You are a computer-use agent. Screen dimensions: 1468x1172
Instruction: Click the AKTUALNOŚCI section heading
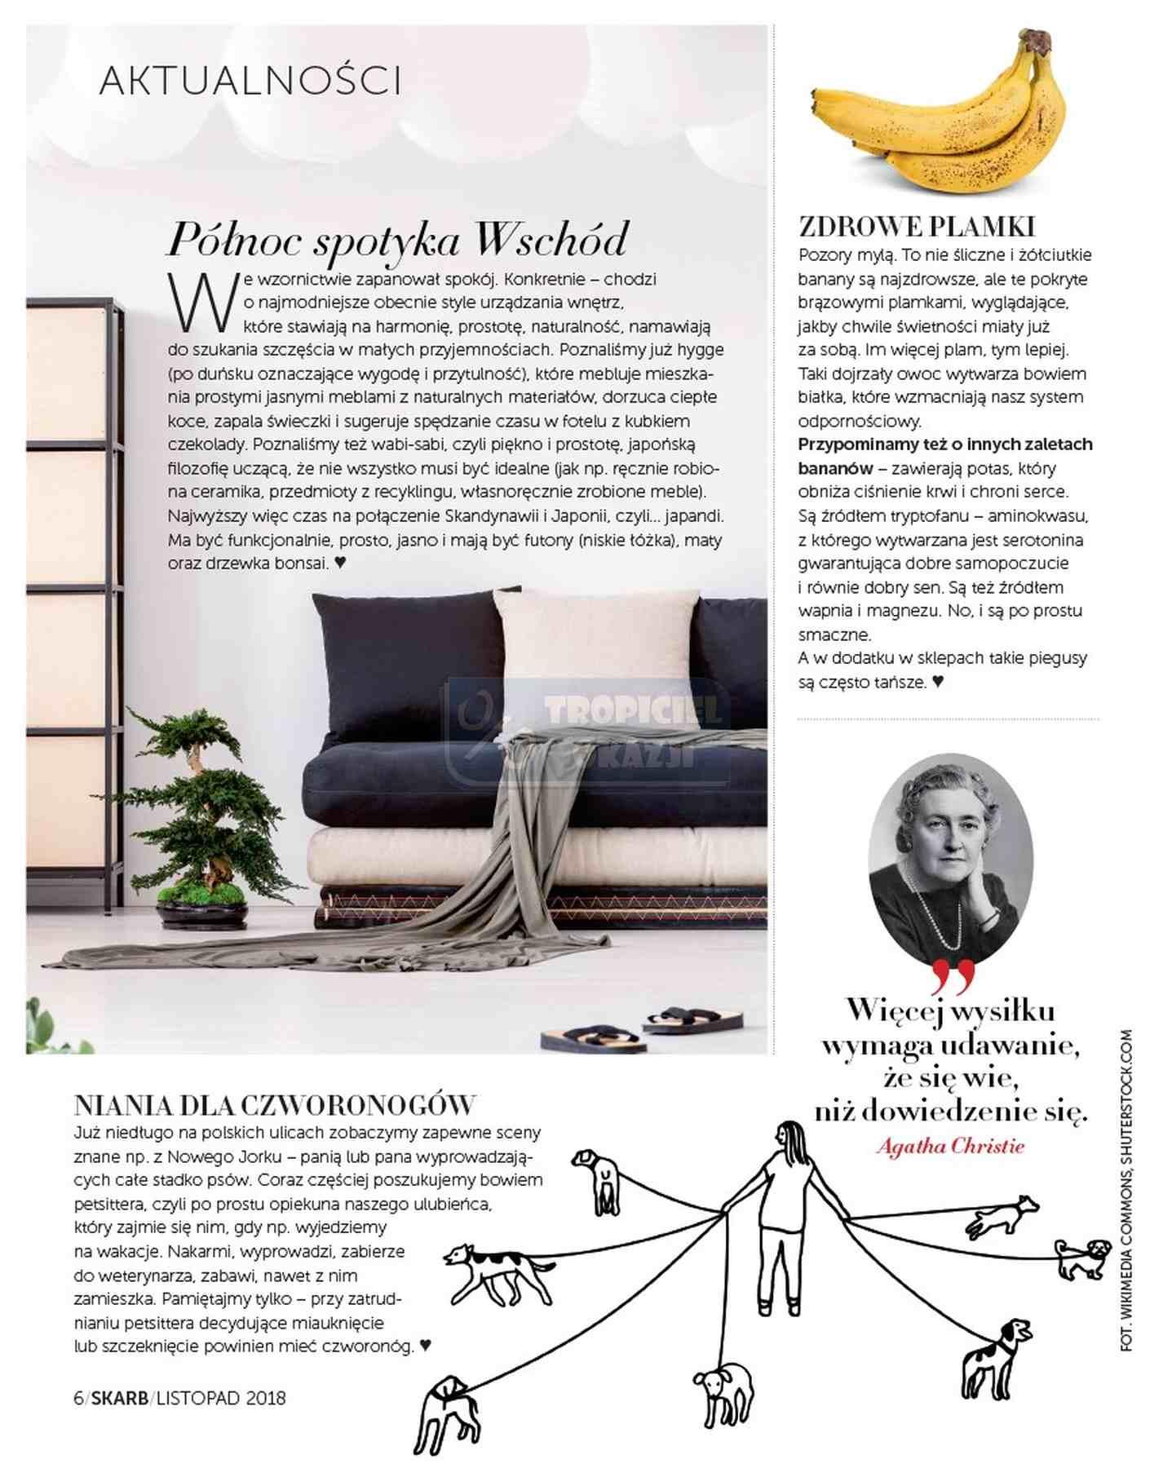pyautogui.click(x=250, y=81)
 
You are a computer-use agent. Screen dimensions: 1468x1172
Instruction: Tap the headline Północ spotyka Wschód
pyautogui.click(x=397, y=239)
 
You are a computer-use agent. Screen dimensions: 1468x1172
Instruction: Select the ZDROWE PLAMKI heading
pyautogui.click(x=917, y=226)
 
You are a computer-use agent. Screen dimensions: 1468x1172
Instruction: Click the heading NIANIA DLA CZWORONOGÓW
pyautogui.click(x=274, y=1105)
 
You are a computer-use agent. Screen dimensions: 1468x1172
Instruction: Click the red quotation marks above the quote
pyautogui.click(x=951, y=976)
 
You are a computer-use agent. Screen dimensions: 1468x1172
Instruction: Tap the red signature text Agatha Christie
pyautogui.click(x=950, y=1146)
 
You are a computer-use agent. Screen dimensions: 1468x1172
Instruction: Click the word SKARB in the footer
pyautogui.click(x=120, y=1398)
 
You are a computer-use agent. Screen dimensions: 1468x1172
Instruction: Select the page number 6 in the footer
pyautogui.click(x=78, y=1398)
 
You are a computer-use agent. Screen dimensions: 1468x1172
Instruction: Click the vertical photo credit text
pyautogui.click(x=1126, y=1191)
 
